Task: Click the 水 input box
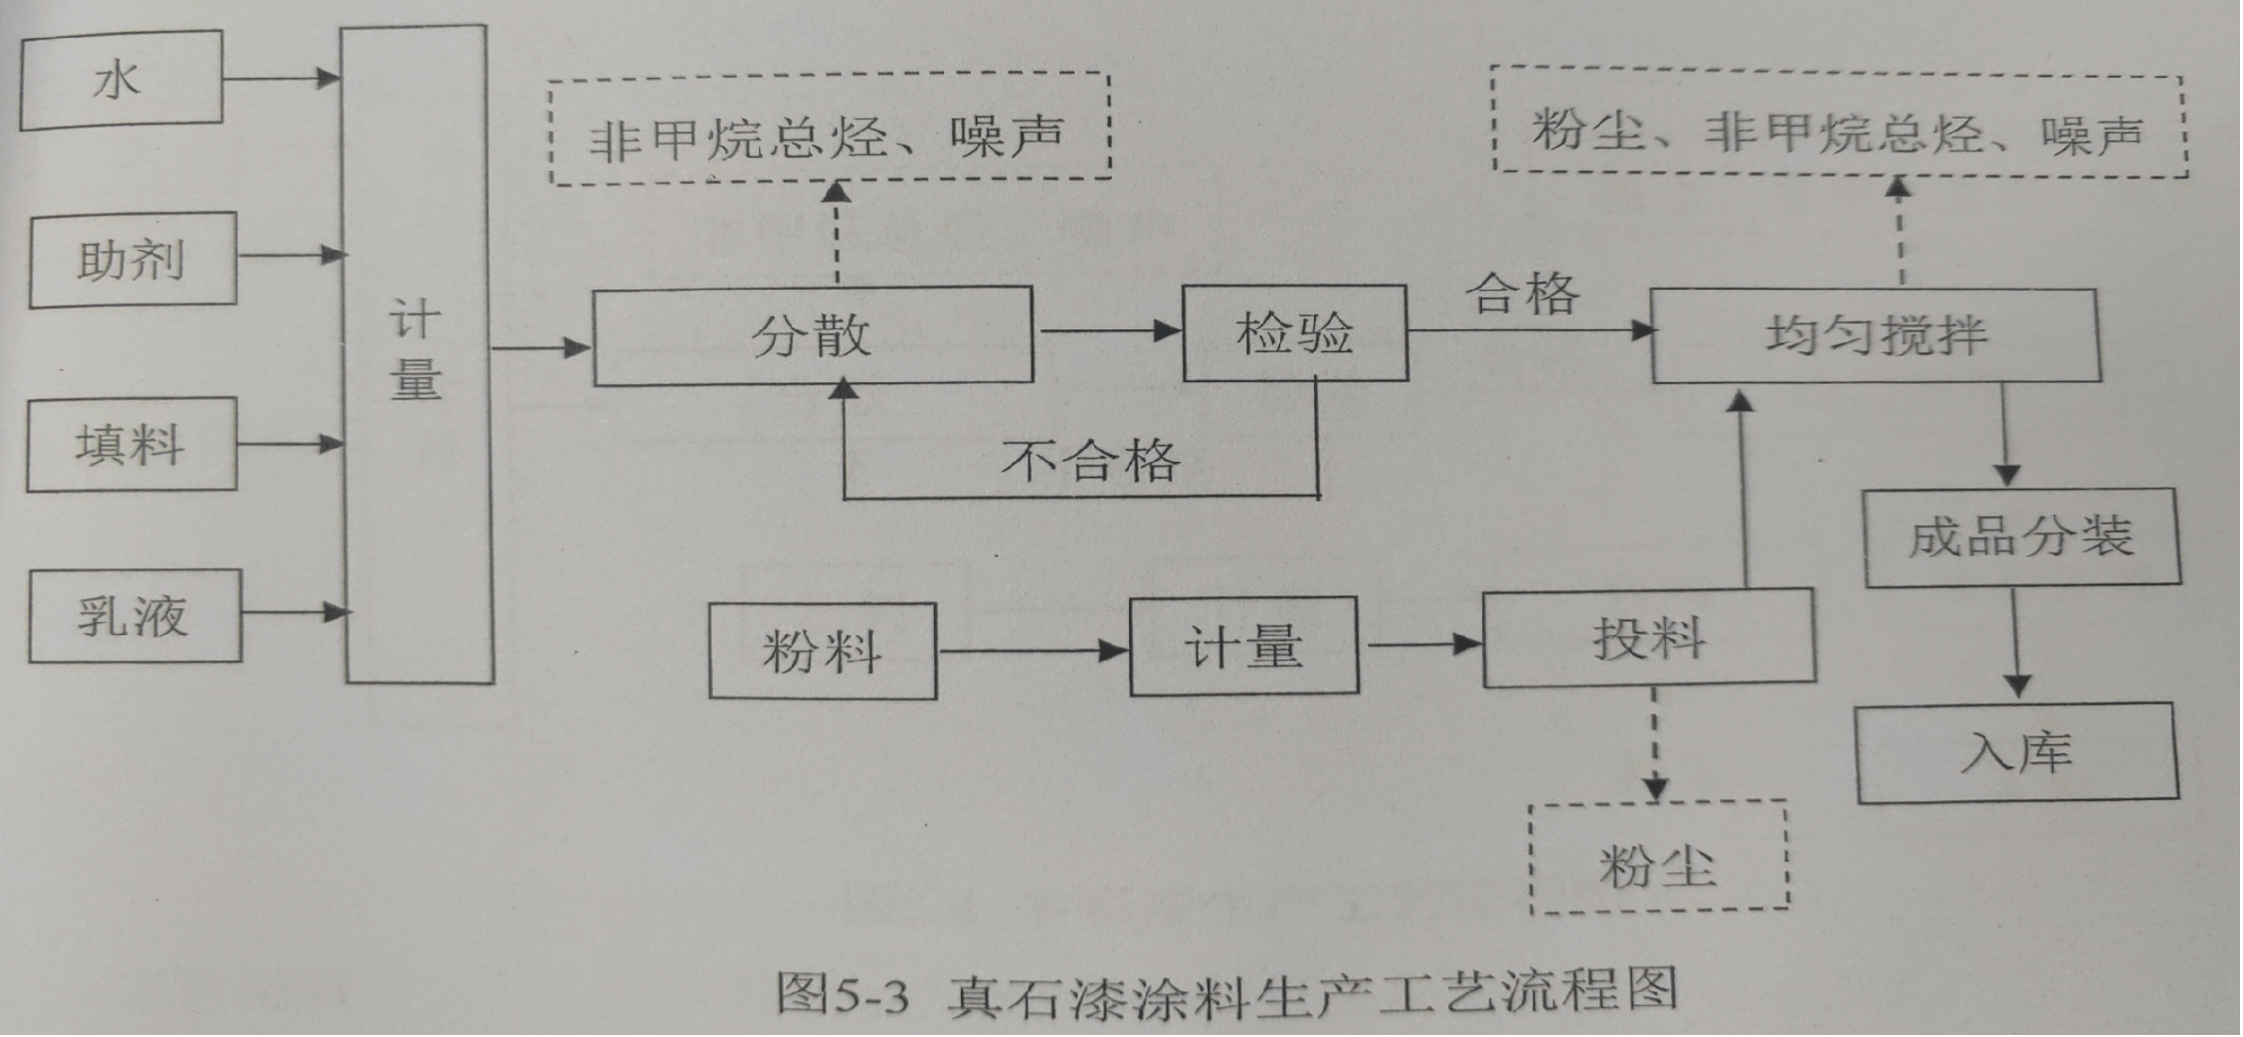[x=120, y=80]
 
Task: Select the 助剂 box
[x=132, y=260]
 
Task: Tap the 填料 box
[x=131, y=444]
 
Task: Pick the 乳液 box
[x=134, y=616]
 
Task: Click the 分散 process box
[x=812, y=335]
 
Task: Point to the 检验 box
[x=1294, y=332]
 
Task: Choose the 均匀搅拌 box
[x=1875, y=335]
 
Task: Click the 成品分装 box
[x=2020, y=537]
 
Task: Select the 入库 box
[x=2016, y=752]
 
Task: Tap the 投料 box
[x=1648, y=638]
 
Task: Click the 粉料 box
[x=822, y=651]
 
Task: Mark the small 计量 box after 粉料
[x=1243, y=647]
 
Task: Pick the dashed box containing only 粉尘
[x=1658, y=858]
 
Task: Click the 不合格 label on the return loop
[x=1090, y=461]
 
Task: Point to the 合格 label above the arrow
[x=1522, y=295]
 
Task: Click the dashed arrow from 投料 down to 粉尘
[x=1654, y=742]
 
